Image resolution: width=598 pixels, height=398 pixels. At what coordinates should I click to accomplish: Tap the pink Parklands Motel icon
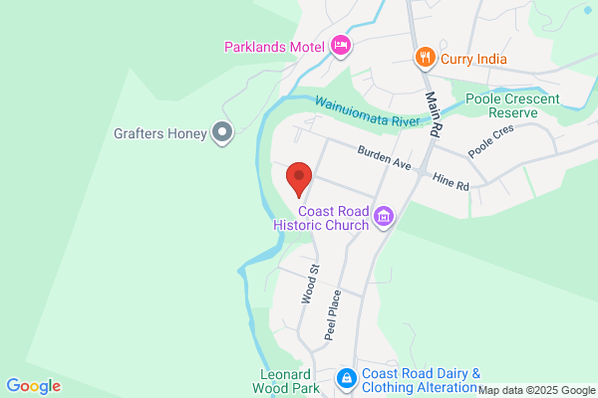[x=341, y=45]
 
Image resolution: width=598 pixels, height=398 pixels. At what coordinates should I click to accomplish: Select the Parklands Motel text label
[x=276, y=46]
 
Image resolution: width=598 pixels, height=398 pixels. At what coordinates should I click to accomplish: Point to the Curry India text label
[x=474, y=59]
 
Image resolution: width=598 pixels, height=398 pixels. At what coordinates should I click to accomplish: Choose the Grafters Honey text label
[x=159, y=132]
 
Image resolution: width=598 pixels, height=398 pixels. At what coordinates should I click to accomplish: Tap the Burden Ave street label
[x=384, y=156]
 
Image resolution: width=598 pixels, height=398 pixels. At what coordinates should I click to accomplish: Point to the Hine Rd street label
[x=449, y=179]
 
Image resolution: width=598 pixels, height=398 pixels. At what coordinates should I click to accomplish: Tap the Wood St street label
[x=310, y=284]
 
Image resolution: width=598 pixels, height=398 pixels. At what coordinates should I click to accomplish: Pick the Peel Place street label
[x=334, y=314]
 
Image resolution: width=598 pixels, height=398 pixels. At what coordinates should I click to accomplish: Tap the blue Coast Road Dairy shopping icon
[x=346, y=378]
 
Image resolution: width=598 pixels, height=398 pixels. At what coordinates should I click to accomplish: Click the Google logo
[x=33, y=386]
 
